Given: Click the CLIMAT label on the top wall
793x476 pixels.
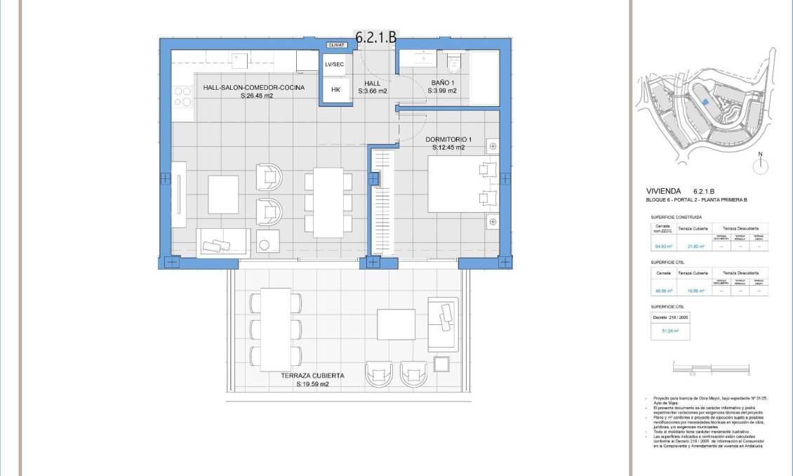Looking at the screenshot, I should [x=336, y=45].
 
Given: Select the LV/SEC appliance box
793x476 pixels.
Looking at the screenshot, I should [x=335, y=64].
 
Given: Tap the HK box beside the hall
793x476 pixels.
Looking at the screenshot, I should [x=335, y=89].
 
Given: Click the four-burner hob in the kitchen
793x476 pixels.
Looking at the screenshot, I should [x=182, y=96].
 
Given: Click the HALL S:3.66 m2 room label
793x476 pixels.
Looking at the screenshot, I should [x=373, y=87].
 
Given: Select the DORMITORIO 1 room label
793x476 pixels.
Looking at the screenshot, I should [x=449, y=143].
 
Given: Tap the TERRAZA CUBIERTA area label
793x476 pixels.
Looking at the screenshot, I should [x=312, y=380].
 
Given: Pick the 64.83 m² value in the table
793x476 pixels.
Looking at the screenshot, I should [x=663, y=246].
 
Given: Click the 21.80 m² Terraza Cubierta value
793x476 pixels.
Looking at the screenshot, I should [x=695, y=246].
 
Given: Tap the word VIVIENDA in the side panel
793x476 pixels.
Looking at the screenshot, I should [x=663, y=191].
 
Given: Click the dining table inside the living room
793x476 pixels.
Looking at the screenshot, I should [x=328, y=202].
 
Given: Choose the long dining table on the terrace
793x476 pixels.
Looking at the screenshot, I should [x=275, y=329].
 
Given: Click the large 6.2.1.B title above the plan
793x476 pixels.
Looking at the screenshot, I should [x=375, y=37].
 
